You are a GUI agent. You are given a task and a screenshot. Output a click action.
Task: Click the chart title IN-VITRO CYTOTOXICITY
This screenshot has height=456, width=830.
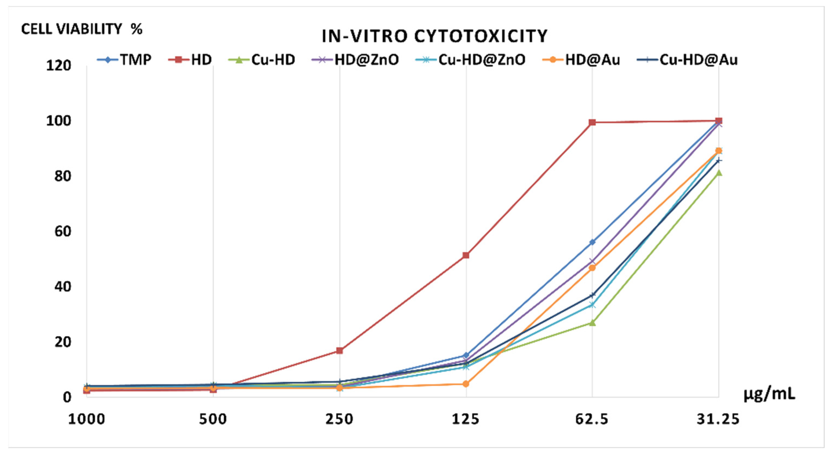point(435,36)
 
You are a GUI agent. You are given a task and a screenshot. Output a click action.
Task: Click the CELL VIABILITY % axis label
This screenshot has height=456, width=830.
point(82,29)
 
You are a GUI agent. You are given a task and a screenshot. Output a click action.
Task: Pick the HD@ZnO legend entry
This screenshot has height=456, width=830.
point(355,59)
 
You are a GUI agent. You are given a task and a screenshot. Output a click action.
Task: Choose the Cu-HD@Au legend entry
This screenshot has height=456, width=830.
point(687,59)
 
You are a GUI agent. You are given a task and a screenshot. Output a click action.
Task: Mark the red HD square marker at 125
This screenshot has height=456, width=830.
point(466,255)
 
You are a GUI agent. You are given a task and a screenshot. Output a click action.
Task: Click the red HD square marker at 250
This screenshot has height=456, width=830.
point(339,350)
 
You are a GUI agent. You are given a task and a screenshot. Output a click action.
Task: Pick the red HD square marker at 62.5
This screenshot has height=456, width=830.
point(592,122)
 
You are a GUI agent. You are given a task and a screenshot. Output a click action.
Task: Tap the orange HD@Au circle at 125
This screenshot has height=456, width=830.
point(466,384)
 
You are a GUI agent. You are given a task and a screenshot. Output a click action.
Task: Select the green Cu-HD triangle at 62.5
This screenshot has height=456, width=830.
point(592,322)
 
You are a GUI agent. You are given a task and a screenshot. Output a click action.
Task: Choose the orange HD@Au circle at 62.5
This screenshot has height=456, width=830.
point(592,268)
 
